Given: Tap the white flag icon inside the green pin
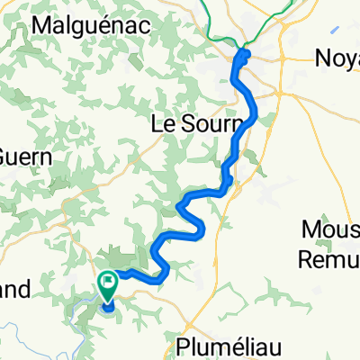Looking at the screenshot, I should click(x=107, y=282).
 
